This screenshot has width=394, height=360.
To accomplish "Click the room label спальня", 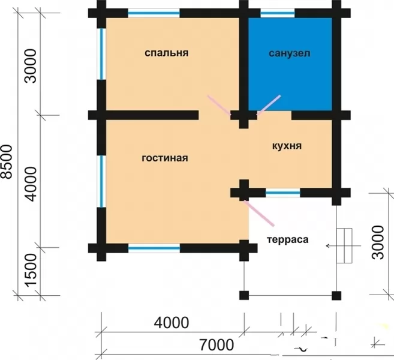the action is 166,53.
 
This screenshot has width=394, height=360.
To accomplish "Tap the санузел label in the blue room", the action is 290,53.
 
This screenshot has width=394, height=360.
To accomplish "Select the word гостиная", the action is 165,158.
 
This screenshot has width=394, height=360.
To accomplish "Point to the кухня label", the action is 287,146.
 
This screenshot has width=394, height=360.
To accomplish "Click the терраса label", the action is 288,239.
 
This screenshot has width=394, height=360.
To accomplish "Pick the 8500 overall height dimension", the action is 6,161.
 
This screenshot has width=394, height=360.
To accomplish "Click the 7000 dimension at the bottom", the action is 216,344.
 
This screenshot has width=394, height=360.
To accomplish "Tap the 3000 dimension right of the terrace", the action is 378,242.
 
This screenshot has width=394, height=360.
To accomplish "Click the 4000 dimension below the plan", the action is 172,323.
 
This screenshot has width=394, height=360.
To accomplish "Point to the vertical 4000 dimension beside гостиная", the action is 31,184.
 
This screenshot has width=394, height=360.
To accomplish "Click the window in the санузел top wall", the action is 278,13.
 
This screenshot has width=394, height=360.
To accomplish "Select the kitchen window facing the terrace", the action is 283,193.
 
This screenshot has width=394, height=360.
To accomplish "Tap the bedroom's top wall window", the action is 154,13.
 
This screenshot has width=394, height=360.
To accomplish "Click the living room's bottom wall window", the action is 154,248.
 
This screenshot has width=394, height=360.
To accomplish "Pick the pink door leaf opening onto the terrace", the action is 258,213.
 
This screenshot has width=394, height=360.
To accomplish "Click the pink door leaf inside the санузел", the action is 269,105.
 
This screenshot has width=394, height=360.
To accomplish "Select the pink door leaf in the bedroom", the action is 219,105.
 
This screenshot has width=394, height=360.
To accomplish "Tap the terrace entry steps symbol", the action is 344,245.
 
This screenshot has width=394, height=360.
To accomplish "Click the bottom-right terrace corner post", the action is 336,296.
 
